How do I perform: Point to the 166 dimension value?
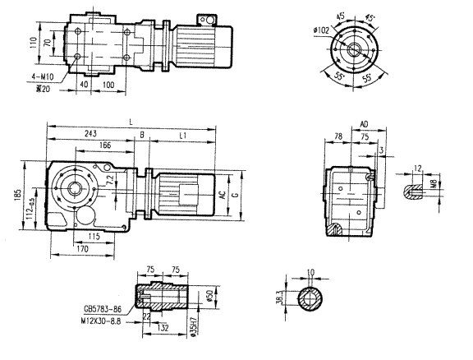coord(103,145)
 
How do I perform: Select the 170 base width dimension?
coord(82,247)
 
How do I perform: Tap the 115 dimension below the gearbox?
coord(94,236)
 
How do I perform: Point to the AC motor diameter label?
coord(221,196)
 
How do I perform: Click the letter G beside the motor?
coord(235,196)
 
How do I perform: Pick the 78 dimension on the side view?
coord(338,137)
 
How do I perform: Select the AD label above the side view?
coord(364,126)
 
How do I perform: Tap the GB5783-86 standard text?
coord(101,310)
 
